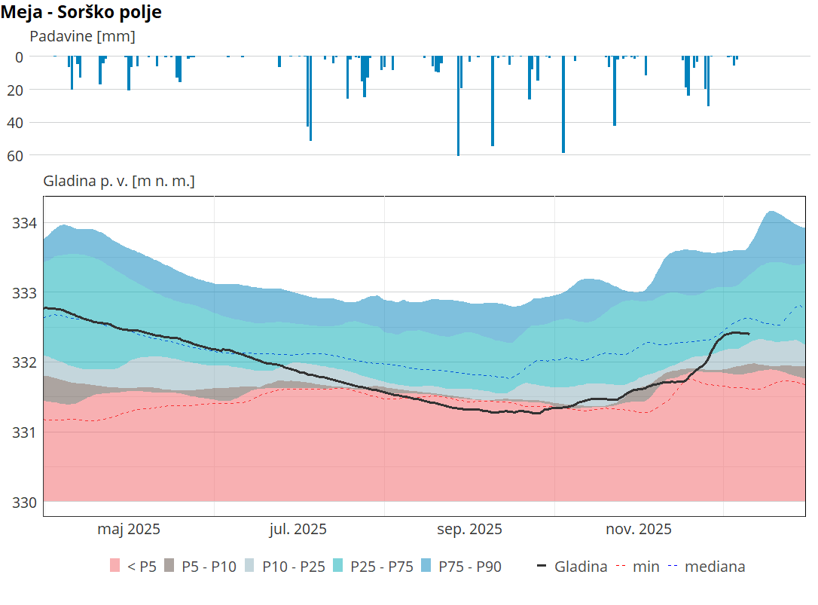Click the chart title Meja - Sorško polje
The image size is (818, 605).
click(x=81, y=12)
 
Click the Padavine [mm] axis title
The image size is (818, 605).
click(x=82, y=36)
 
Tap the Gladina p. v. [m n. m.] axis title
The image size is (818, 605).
click(x=119, y=181)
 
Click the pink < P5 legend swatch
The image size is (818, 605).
click(x=115, y=567)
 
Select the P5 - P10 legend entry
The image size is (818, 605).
click(x=200, y=567)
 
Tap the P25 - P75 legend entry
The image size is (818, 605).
click(x=373, y=567)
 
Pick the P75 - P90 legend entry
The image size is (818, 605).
click(x=460, y=567)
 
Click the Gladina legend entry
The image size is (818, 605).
click(x=572, y=567)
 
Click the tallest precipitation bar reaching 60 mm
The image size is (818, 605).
click(x=458, y=105)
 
